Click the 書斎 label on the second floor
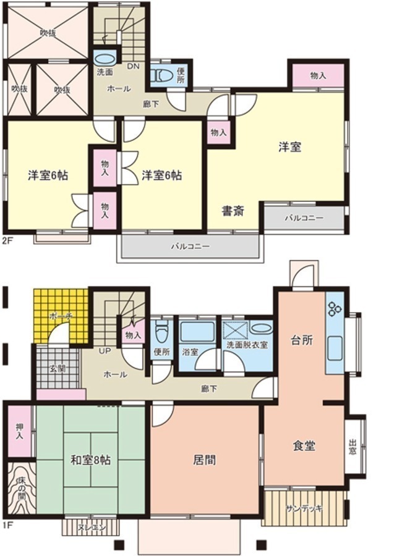point(233,212)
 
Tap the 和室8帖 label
point(90,460)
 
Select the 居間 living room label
point(205,460)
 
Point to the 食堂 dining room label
point(304,445)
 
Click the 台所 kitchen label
point(302,340)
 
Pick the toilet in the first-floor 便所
point(161,332)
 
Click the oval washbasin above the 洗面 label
point(105,59)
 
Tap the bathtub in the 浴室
point(197,332)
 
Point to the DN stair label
point(133,66)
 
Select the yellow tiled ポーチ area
point(61,316)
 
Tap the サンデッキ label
point(304,508)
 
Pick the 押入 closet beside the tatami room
point(19,431)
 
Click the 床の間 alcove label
point(20,487)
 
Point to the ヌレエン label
point(92,528)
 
